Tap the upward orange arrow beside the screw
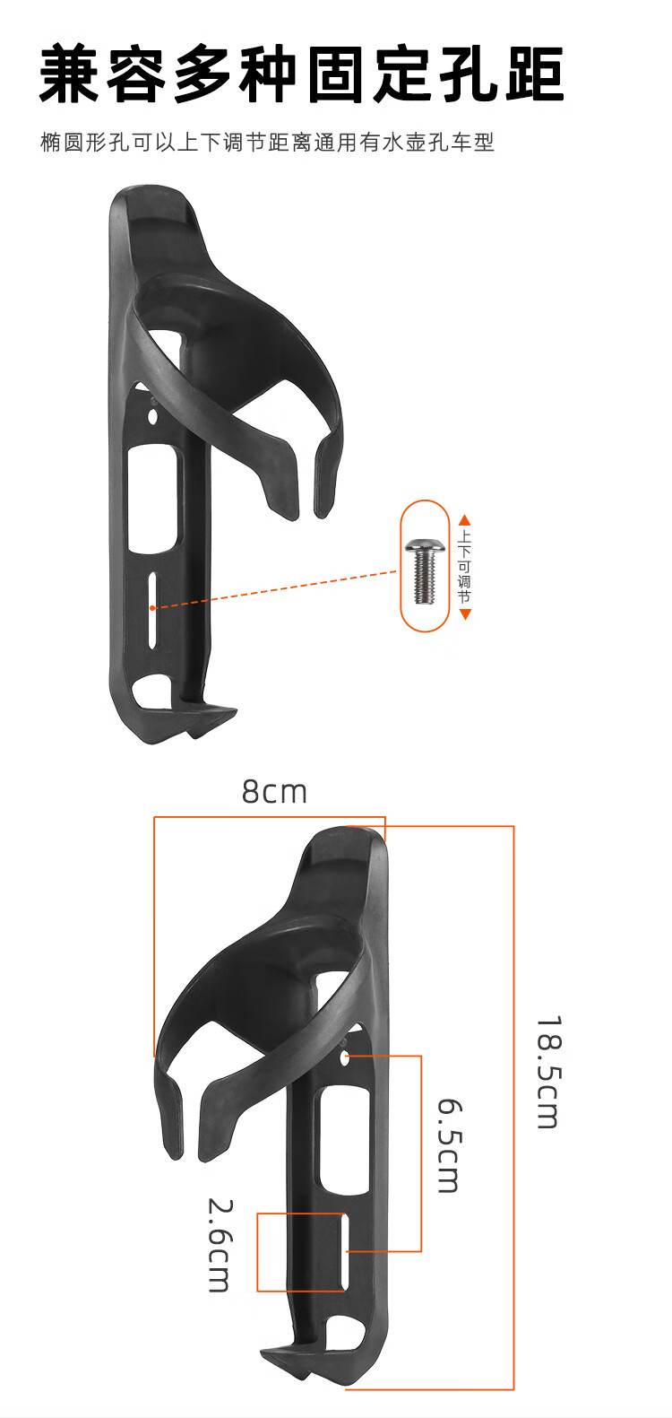pyautogui.click(x=465, y=520)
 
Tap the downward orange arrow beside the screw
pyautogui.click(x=465, y=614)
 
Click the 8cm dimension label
pyautogui.click(x=274, y=792)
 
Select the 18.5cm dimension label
pyautogui.click(x=548, y=1073)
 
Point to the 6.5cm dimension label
pyautogui.click(x=451, y=1146)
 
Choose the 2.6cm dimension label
pyautogui.click(x=220, y=1245)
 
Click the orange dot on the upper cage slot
pyautogui.click(x=152, y=608)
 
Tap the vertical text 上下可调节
pyautogui.click(x=465, y=567)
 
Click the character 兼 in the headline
pyautogui.click(x=70, y=74)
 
